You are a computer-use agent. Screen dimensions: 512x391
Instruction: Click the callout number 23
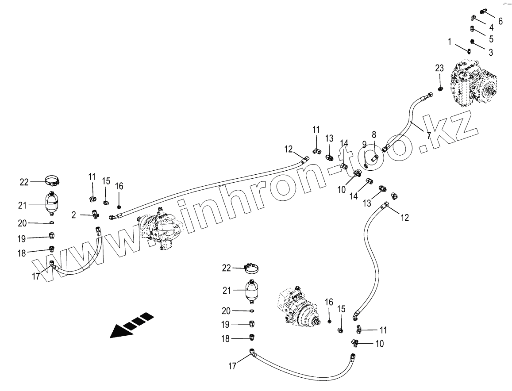[x=439, y=68]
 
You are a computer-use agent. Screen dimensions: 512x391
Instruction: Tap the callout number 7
[x=429, y=135]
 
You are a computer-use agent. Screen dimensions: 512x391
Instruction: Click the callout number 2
[x=74, y=215]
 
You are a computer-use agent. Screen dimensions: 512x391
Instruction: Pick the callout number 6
[x=500, y=21]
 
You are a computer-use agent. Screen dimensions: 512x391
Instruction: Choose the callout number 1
[x=450, y=42]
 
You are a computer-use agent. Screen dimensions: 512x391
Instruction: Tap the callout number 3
[x=490, y=52]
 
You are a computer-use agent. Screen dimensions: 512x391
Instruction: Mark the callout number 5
[x=491, y=39]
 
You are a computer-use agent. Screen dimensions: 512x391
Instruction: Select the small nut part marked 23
[x=441, y=89]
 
